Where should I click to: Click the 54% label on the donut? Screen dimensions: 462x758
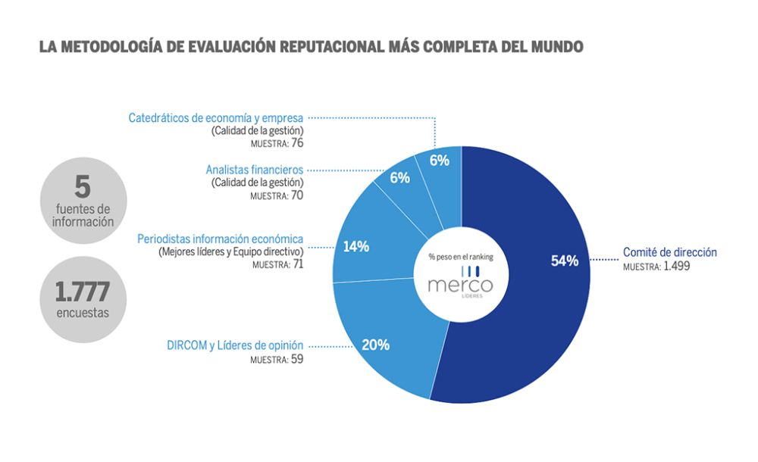point(565,261)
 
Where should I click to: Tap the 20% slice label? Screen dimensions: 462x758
point(376,345)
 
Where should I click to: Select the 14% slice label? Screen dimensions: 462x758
point(356,246)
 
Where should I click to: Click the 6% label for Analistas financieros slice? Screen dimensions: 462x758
point(399,178)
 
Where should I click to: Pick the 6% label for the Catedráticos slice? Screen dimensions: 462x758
point(439,161)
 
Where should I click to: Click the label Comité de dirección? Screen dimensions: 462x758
point(669,252)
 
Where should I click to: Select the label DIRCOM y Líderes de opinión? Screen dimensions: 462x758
point(235,345)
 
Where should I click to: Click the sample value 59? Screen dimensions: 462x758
point(296,359)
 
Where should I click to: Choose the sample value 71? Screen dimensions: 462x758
point(296,265)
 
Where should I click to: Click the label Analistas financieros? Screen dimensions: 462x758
point(254,170)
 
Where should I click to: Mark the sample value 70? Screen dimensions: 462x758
point(296,195)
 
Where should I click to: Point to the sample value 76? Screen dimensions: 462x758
point(296,143)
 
